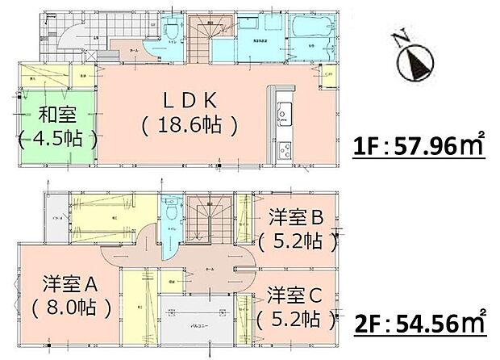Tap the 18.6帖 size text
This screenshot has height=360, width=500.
189,125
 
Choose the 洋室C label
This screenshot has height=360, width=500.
296,292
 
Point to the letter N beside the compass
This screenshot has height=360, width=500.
398,37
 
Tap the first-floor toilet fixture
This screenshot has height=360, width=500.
170,30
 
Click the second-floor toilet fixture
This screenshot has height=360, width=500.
170,211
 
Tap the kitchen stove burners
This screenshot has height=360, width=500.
284,150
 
